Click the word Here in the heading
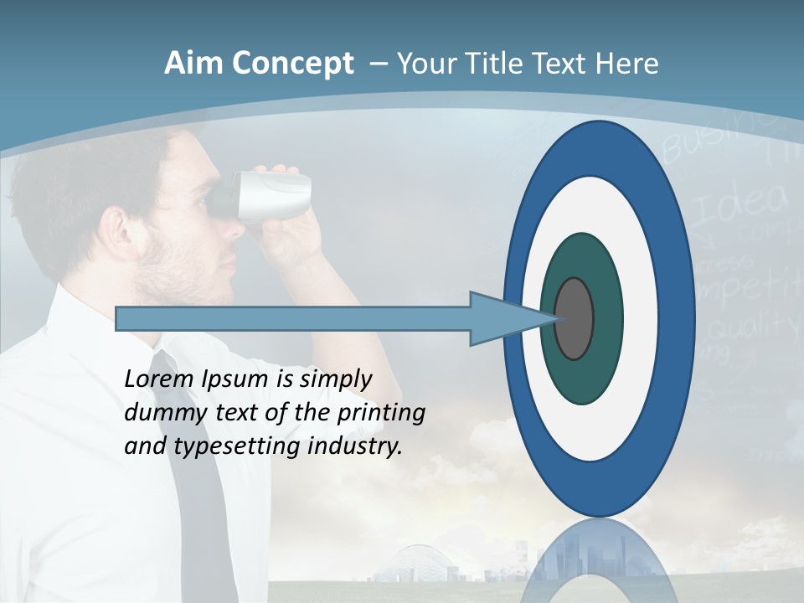pos(626,64)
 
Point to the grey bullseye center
pos(574,318)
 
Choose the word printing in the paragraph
pos(380,413)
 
